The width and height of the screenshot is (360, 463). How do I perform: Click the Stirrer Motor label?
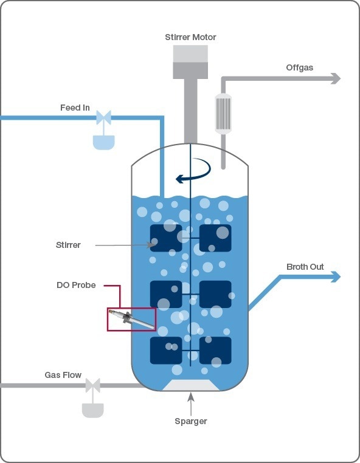point(190,37)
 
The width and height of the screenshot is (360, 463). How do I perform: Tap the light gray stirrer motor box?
point(190,53)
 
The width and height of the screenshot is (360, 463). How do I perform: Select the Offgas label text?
point(300,67)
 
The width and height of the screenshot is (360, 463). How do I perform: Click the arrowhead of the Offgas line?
point(335,78)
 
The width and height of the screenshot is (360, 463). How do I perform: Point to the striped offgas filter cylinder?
point(223,113)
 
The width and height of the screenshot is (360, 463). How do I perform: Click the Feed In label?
point(75,108)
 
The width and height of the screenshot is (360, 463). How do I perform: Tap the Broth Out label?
point(305,267)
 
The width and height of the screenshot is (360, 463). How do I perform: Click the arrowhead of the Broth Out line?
point(335,277)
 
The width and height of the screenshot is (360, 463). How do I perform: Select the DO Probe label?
point(75,285)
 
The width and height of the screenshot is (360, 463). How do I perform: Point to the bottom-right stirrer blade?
point(215,351)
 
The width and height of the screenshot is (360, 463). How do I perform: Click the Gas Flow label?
point(63,375)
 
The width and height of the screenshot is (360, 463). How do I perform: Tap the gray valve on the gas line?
point(92,385)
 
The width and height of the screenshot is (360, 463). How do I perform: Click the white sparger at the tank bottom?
point(191,385)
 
